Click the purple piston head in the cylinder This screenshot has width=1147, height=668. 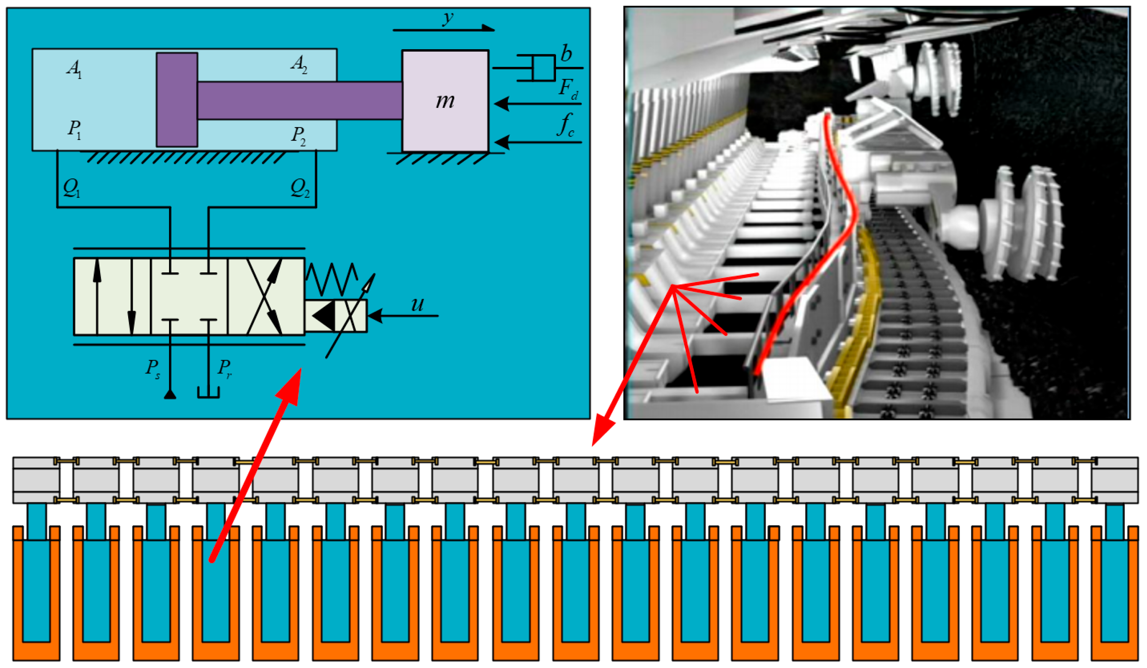pos(177,100)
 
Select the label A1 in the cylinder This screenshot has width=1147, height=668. pos(74,68)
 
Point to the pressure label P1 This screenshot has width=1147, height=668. pos(74,129)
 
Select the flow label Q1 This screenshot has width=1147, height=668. pos(71,187)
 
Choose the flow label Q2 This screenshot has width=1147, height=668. pos(300,187)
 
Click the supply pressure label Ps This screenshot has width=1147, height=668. pos(152,368)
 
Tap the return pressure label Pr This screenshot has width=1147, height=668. pos(225,368)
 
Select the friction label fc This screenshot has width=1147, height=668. pos(566,125)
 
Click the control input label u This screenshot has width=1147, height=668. pos(417,304)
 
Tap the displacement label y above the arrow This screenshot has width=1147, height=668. pos(448,18)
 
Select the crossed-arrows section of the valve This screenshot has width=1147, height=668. pos(265,297)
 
